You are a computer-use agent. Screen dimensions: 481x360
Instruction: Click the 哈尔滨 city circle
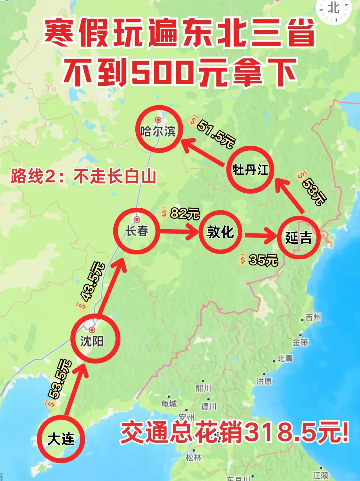pos(159,129)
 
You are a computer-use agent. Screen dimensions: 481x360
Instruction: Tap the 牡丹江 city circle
pos(250,170)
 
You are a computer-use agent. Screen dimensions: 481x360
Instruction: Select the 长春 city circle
pos(137,231)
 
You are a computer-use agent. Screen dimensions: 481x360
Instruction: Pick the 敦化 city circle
pos(220,232)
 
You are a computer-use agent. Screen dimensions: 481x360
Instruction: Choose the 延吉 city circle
pos(298,237)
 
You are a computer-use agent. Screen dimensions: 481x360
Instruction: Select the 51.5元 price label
pos(215,134)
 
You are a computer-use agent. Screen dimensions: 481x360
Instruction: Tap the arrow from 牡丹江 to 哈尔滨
pos(203,152)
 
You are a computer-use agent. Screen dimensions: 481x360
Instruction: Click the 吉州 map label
pos(313,317)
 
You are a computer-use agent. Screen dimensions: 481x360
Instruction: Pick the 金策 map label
pos(300,342)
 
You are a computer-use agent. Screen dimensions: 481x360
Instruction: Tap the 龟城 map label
pos(169,404)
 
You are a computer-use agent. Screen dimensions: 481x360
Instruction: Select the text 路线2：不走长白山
pos(83,176)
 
